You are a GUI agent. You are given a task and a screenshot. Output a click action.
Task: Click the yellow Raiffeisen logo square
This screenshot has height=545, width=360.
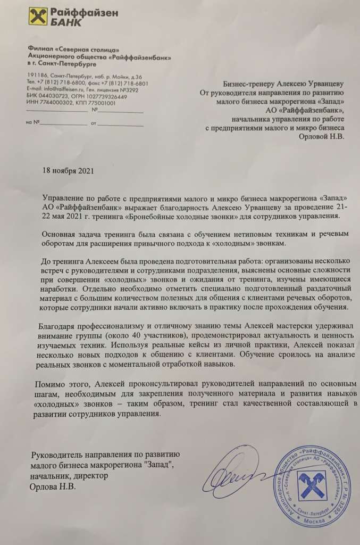[39, 17]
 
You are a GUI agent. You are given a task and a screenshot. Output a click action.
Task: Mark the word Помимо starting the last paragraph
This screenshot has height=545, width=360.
[48, 384]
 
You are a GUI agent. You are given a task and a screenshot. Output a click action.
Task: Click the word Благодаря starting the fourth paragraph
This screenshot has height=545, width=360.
[57, 326]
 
